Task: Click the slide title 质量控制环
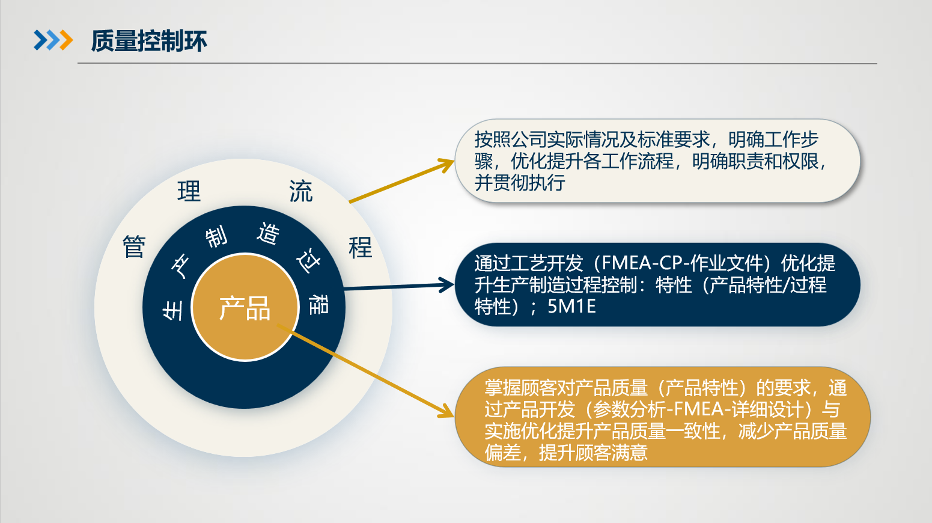(148, 41)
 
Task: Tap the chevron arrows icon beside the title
(53, 40)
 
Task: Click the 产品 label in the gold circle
(245, 308)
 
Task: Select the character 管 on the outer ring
(134, 246)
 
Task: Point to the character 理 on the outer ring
(189, 191)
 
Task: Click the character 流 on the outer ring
(300, 191)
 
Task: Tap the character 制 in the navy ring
(216, 236)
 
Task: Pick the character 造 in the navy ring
(268, 233)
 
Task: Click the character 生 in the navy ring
(172, 310)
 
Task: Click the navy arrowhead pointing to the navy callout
(447, 285)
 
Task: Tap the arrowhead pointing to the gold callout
(446, 412)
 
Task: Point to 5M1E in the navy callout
(571, 307)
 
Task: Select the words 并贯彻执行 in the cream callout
(520, 183)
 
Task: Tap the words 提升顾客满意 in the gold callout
(593, 453)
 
